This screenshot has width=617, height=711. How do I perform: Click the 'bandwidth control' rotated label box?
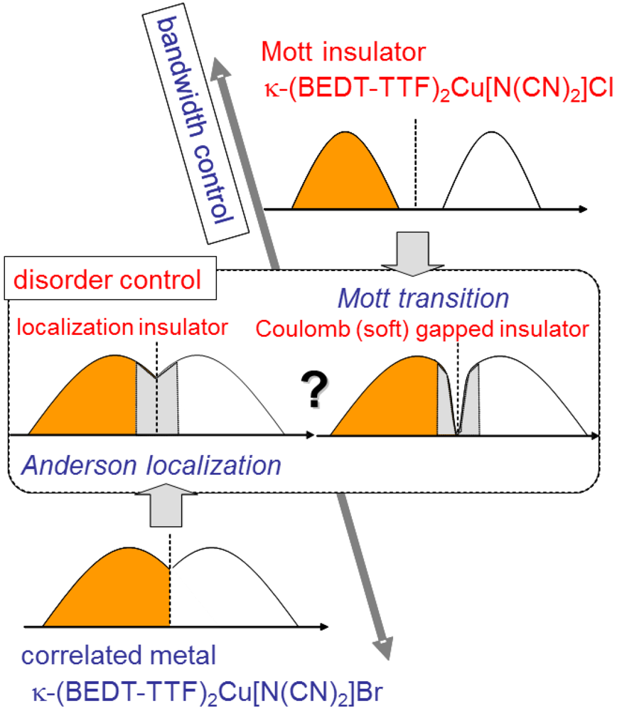coord(196,124)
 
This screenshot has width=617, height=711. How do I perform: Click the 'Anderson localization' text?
coord(151,466)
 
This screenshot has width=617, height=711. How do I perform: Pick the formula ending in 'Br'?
coord(208,689)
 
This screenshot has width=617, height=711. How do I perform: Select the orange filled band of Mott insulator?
coord(345,171)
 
